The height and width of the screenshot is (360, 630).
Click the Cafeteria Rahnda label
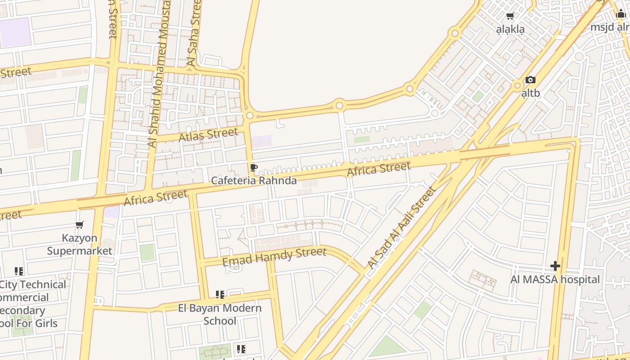(x=254, y=180)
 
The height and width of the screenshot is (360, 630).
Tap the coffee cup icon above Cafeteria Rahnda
(x=254, y=168)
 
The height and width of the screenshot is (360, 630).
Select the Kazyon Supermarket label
(x=80, y=244)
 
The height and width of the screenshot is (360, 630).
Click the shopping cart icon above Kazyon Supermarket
(x=80, y=225)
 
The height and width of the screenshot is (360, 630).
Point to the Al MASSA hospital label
(x=555, y=279)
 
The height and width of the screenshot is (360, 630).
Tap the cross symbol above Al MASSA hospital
(x=555, y=266)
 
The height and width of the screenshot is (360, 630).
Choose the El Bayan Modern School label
(x=220, y=314)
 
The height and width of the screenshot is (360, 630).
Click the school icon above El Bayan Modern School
(x=220, y=295)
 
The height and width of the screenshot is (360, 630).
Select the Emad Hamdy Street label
(x=274, y=256)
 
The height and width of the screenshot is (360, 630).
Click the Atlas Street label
(x=208, y=135)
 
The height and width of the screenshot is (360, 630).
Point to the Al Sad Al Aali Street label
(x=401, y=228)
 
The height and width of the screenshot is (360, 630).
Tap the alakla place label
(x=510, y=30)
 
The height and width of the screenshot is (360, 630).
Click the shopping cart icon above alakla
(x=510, y=16)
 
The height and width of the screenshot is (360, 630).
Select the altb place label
(x=531, y=93)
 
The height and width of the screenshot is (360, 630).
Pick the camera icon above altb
(x=531, y=80)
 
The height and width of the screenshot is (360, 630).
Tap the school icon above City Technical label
(x=18, y=271)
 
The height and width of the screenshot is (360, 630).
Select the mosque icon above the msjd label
(x=621, y=14)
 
